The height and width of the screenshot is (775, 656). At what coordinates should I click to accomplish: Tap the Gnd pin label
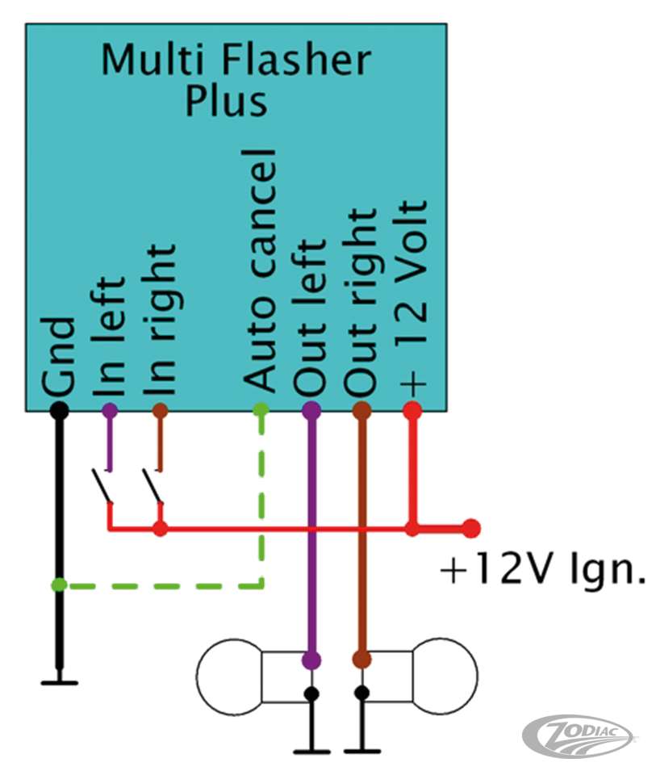pos(61,356)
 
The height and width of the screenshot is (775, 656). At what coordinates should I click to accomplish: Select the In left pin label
pos(111,339)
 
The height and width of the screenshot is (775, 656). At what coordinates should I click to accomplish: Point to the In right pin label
pos(161,319)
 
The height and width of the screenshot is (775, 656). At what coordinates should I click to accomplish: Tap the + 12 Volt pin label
pos(412,295)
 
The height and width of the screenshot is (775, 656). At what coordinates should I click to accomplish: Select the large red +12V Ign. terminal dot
pos(471,529)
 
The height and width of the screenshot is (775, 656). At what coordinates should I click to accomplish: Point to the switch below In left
pos(102,485)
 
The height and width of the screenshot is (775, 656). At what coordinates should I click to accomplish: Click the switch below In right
pos(153,485)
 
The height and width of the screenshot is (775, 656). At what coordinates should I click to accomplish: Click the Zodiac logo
pos(576,735)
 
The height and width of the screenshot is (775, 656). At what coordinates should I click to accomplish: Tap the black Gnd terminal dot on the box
pos(59,410)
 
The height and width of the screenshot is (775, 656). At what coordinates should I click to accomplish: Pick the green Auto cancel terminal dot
pos(261,410)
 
